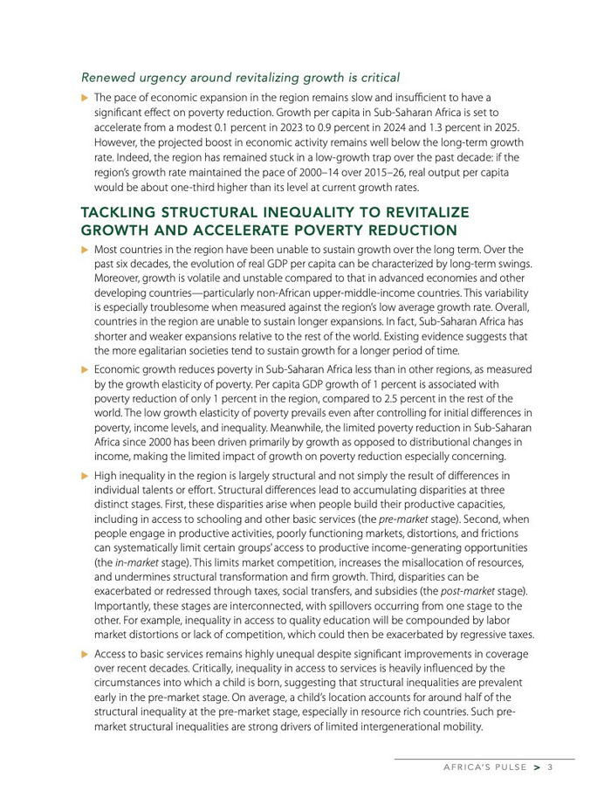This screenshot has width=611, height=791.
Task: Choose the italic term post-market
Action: [466, 590]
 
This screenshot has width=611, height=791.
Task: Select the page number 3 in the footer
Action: [551, 767]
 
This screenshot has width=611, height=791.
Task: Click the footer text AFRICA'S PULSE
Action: [484, 767]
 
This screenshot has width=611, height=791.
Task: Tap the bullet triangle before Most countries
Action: [85, 250]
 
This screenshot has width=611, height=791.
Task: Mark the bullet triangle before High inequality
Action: [85, 476]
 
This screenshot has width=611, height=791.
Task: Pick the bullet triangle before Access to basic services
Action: [85, 654]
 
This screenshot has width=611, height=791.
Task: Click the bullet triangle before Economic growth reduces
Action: [85, 370]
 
